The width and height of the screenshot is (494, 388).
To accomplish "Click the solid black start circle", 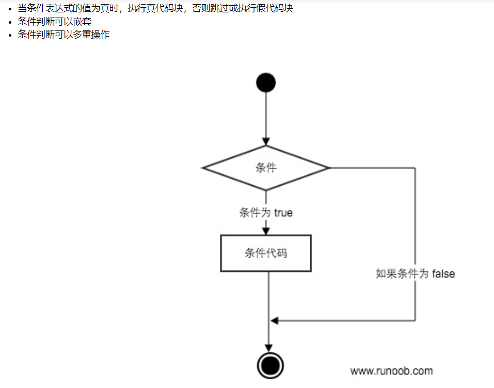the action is pos(266,83).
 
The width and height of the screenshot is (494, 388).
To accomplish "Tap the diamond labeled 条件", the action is pos(266,168).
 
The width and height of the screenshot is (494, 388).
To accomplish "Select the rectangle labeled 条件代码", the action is pos(266,253).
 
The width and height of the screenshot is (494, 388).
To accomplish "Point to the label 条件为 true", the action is pos(266,213).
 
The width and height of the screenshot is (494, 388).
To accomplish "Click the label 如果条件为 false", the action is pos(415,273).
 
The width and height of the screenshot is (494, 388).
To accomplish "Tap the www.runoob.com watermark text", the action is pos(391,370).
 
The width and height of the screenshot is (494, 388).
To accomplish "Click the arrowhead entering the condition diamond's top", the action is pos(266,141).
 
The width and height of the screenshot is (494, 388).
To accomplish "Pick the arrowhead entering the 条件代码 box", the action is pos(266,231).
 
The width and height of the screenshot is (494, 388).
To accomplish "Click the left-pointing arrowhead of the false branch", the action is pos(275,320).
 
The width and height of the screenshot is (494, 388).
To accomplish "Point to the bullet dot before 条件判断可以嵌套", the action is pos(10,23).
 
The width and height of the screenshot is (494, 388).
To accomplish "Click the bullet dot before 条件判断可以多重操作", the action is pos(10,35).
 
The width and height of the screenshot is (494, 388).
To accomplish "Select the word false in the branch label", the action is pos(443,273).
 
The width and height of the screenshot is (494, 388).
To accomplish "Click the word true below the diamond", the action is pos(283,213).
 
